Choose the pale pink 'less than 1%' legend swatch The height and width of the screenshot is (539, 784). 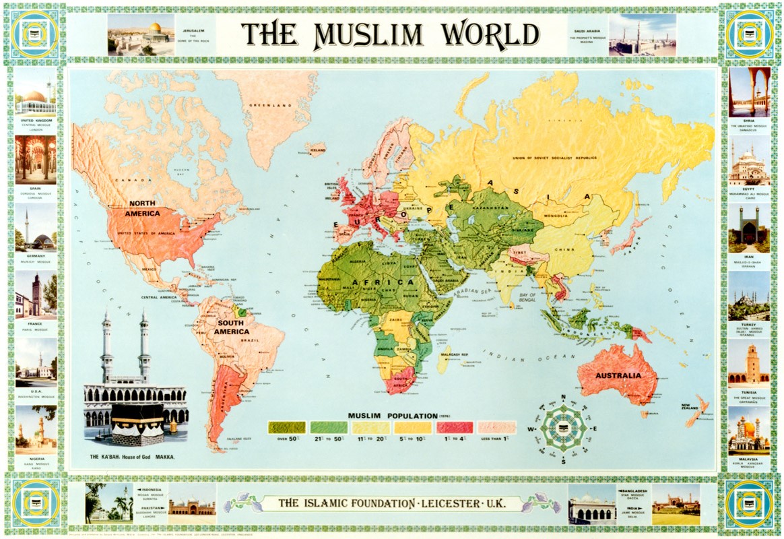click(496, 426)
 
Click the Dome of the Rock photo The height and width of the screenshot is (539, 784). click(141, 34)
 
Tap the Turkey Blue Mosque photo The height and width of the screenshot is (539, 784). click(748, 296)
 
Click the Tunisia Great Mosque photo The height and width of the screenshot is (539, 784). click(748, 363)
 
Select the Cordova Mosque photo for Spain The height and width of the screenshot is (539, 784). click(36, 160)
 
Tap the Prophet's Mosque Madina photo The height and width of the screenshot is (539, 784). click(642, 34)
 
